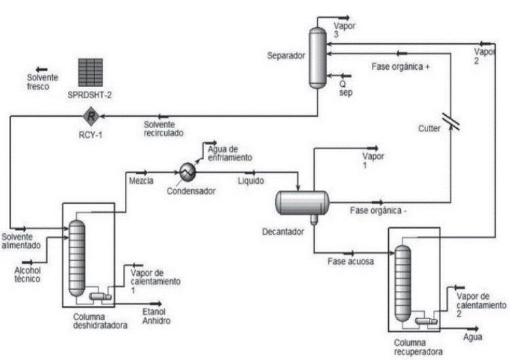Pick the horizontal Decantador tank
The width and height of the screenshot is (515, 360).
click(302, 201)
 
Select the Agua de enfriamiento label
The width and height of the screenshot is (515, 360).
click(228, 153)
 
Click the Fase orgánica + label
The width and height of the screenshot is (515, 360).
click(401, 67)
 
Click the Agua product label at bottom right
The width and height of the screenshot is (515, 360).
click(473, 336)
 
